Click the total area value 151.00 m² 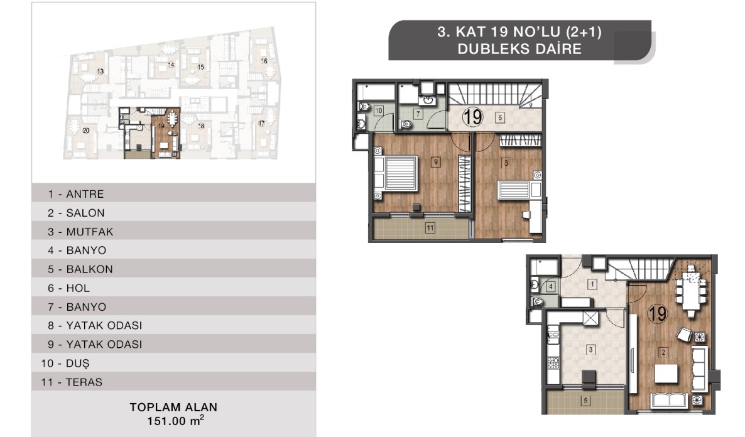pos(175,421)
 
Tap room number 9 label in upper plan pos(436,162)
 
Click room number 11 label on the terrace pos(430,228)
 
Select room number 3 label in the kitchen pos(590,350)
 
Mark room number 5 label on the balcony pos(585,401)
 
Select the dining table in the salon pos(691,291)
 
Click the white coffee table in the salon pos(666,374)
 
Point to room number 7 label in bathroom pos(418,114)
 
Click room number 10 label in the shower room pos(378,111)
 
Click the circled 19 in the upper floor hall pos(472,117)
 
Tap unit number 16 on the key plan pos(264,61)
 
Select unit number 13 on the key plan pos(101,71)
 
